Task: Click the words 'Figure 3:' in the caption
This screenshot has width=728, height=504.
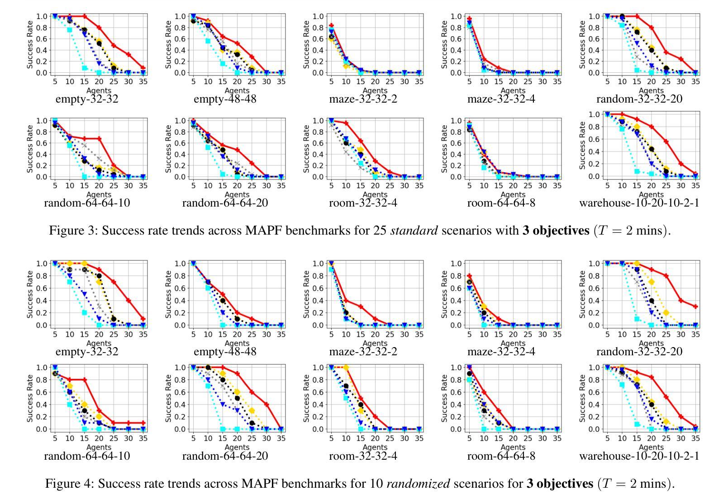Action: point(73,231)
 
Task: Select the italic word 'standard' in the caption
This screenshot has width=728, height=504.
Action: point(414,231)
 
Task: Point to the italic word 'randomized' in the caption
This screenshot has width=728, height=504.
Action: point(419,484)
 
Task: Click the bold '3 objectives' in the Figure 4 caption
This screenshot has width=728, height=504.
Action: point(559,484)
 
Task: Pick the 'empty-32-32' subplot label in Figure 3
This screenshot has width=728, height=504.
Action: point(87,99)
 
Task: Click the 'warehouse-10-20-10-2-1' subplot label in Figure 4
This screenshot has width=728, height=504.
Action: point(639,456)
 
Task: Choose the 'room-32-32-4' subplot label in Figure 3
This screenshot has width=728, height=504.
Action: point(363,203)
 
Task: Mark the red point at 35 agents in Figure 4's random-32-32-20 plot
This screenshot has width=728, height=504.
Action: point(695,306)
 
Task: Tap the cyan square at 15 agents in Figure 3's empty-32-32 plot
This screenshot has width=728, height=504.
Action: point(84,68)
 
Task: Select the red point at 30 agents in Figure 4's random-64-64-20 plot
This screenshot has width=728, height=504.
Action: point(266,405)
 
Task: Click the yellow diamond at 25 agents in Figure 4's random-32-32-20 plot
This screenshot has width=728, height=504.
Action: point(666,313)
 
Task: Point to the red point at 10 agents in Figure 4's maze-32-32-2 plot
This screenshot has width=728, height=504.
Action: point(346,301)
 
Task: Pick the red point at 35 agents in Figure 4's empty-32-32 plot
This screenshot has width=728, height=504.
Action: point(143,319)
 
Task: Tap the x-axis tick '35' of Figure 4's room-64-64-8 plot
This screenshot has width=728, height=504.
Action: point(557,438)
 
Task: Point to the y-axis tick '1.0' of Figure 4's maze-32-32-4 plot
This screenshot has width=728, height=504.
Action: point(457,264)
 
